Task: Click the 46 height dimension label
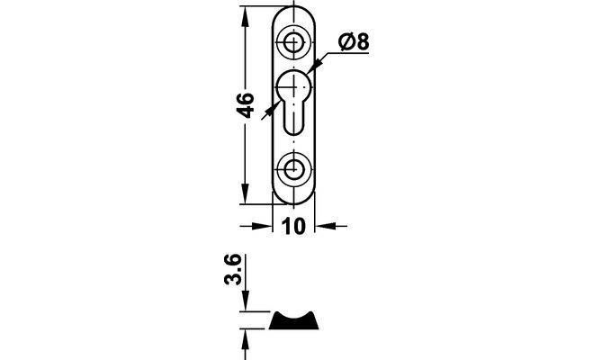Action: pos(245,105)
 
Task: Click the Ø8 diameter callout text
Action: pos(354,41)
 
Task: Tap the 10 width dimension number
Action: pos(293,227)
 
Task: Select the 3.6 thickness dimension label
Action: pos(233,269)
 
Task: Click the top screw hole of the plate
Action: pos(293,42)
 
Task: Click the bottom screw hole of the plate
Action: pos(293,169)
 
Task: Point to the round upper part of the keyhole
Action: pos(294,86)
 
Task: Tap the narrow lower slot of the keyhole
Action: pos(293,118)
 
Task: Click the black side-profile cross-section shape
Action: pos(293,320)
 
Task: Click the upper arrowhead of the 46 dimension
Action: pos(245,16)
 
